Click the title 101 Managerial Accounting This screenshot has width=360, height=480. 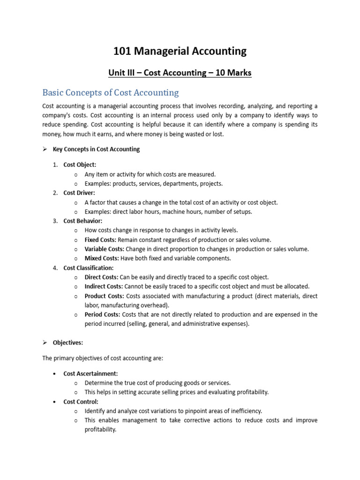click(180, 51)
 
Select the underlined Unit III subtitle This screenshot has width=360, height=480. click(180, 73)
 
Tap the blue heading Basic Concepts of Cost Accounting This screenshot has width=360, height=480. click(111, 92)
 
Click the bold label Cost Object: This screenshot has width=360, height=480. click(80, 165)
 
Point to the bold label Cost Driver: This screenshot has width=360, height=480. click(79, 193)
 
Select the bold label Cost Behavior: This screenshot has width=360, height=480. click(82, 221)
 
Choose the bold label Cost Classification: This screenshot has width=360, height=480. click(89, 268)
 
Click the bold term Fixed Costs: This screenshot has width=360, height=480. click(100, 240)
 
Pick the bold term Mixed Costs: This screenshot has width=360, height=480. click(102, 258)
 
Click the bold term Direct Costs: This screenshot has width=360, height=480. click(101, 277)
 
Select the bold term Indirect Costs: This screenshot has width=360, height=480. click(104, 286)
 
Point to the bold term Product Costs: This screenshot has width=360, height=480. click(104, 296)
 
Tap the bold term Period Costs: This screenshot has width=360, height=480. click(102, 315)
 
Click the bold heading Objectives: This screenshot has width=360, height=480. click(68, 343)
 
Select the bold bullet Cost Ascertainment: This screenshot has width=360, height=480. click(90, 374)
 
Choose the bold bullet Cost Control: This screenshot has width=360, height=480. click(81, 402)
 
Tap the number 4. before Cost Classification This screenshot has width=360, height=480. click(55, 268)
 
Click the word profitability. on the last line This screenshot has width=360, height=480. click(100, 429)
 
